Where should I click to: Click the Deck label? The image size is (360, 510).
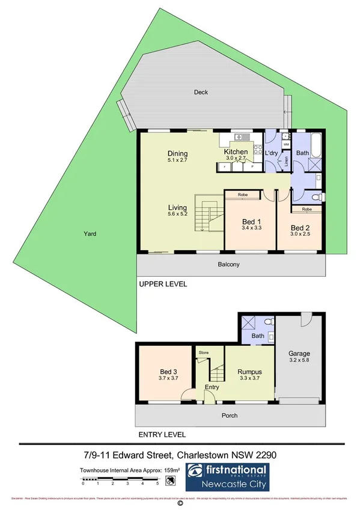coord(200,92)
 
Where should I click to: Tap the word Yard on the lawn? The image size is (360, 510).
coord(90,234)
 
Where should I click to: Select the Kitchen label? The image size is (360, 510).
coord(236,152)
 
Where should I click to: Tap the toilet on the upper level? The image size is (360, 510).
coord(318,197)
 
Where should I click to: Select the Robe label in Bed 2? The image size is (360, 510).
coord(307,209)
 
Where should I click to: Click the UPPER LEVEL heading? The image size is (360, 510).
coord(163,284)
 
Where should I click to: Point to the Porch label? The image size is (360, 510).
coord(229,415)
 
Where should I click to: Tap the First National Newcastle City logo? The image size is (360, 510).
coord(228,476)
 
